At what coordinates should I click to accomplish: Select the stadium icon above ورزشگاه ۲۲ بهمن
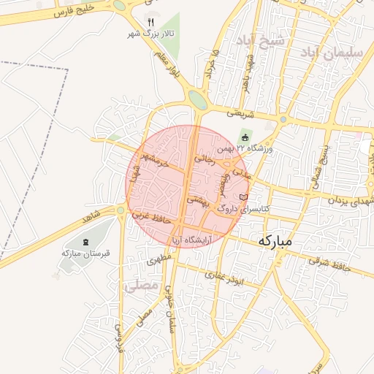point(245,137)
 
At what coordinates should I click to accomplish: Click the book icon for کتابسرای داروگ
point(244,197)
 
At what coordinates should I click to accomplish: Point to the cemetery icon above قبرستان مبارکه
point(86,242)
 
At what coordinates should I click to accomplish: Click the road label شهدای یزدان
point(346,200)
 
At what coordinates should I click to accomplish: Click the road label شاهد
point(91,218)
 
